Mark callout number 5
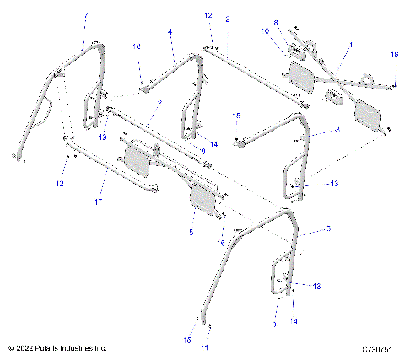click(x=191, y=231)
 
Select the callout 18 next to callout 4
click(x=138, y=47)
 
